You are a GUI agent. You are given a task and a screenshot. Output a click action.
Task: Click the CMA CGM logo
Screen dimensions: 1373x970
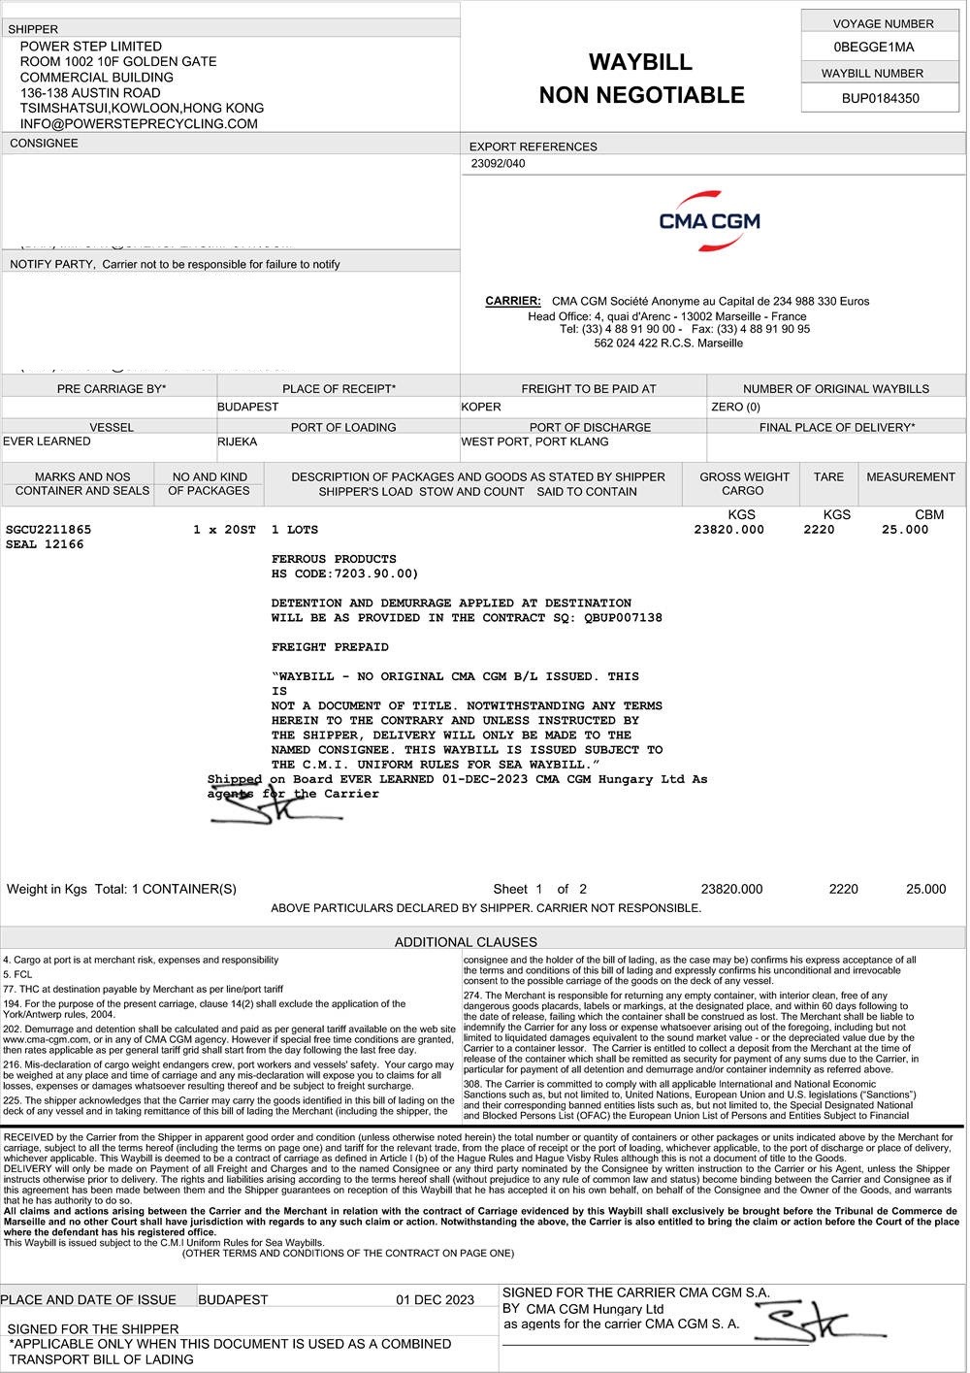pyautogui.click(x=709, y=220)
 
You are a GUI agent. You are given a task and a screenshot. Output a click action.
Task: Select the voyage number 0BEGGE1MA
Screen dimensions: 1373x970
pyautogui.click(x=873, y=48)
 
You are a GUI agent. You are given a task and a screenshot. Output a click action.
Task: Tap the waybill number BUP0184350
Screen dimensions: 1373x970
pyautogui.click(x=880, y=98)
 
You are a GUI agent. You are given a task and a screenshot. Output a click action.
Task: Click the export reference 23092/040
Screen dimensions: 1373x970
pyautogui.click(x=498, y=164)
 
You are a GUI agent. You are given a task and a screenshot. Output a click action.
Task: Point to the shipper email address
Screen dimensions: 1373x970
pyautogui.click(x=139, y=124)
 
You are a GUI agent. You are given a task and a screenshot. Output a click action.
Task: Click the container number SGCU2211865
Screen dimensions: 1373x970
pyautogui.click(x=48, y=530)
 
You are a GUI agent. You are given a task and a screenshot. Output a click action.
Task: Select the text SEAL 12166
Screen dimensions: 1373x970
pyautogui.click(x=45, y=544)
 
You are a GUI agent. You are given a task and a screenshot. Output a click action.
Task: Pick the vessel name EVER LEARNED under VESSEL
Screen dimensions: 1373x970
pyautogui.click(x=47, y=441)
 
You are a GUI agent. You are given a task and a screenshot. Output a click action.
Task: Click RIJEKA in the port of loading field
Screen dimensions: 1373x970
pyautogui.click(x=238, y=441)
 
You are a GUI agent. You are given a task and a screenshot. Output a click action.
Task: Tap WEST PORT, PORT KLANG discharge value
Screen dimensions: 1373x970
pyautogui.click(x=534, y=441)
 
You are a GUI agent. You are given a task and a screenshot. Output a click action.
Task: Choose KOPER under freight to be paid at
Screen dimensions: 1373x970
pyautogui.click(x=481, y=407)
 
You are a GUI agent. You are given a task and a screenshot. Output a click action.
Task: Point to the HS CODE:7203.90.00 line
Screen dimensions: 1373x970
pyautogui.click(x=344, y=573)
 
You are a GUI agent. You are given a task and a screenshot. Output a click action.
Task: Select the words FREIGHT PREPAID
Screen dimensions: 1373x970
pyautogui.click(x=330, y=647)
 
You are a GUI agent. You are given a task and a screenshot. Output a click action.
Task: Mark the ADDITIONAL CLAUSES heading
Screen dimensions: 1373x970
pyautogui.click(x=466, y=941)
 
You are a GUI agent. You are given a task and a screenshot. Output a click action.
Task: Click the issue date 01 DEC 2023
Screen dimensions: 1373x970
pyautogui.click(x=435, y=1300)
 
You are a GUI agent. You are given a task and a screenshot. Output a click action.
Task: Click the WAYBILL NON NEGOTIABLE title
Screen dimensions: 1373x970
pyautogui.click(x=641, y=79)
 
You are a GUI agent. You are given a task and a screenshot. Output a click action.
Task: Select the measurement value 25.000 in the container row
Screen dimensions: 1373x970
pyautogui.click(x=904, y=530)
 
